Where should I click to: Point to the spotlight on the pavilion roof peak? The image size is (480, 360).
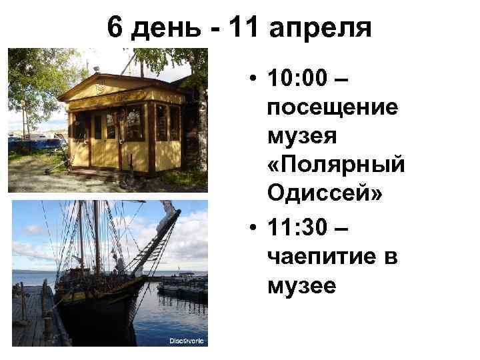pos(96,69)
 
